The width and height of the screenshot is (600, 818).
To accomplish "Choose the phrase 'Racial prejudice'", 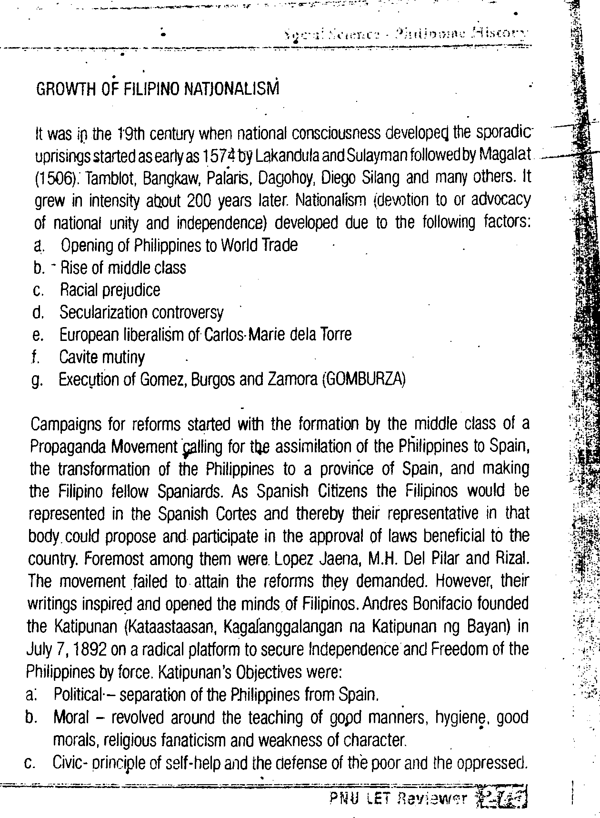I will [110, 290].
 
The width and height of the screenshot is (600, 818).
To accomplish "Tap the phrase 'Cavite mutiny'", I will [102, 357].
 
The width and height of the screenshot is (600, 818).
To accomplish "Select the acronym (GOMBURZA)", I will [364, 380].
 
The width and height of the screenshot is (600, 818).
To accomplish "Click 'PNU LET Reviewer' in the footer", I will [398, 798].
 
